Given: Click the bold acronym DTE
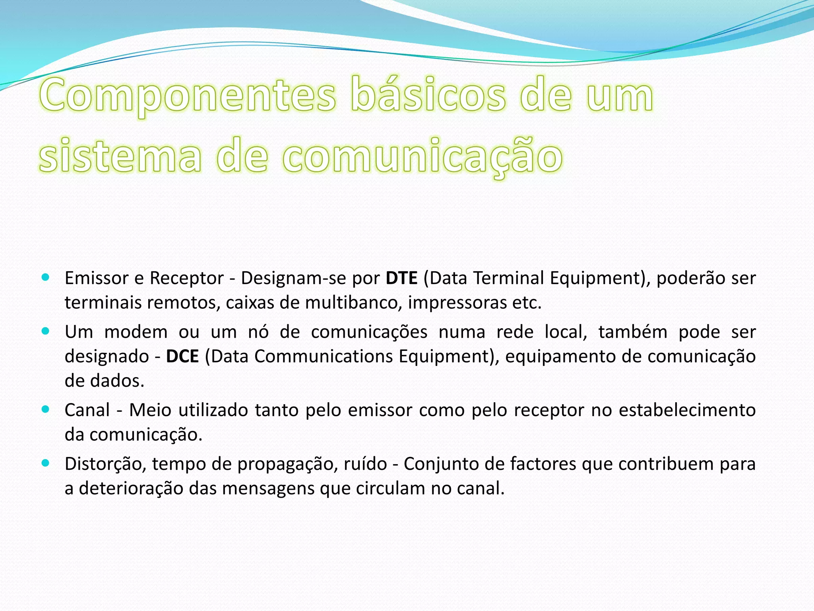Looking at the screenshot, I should pyautogui.click(x=401, y=278).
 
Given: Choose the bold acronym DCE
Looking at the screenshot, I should pyautogui.click(x=182, y=356).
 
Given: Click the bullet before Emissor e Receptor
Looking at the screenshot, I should pyautogui.click(x=45, y=277).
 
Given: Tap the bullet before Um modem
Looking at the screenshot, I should pyautogui.click(x=45, y=331).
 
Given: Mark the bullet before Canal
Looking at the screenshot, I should pyautogui.click(x=45, y=409).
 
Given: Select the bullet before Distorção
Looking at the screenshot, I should pyautogui.click(x=45, y=463).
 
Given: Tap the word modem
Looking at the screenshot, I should pyautogui.click(x=136, y=332).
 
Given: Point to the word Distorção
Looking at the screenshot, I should pyautogui.click(x=105, y=464).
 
